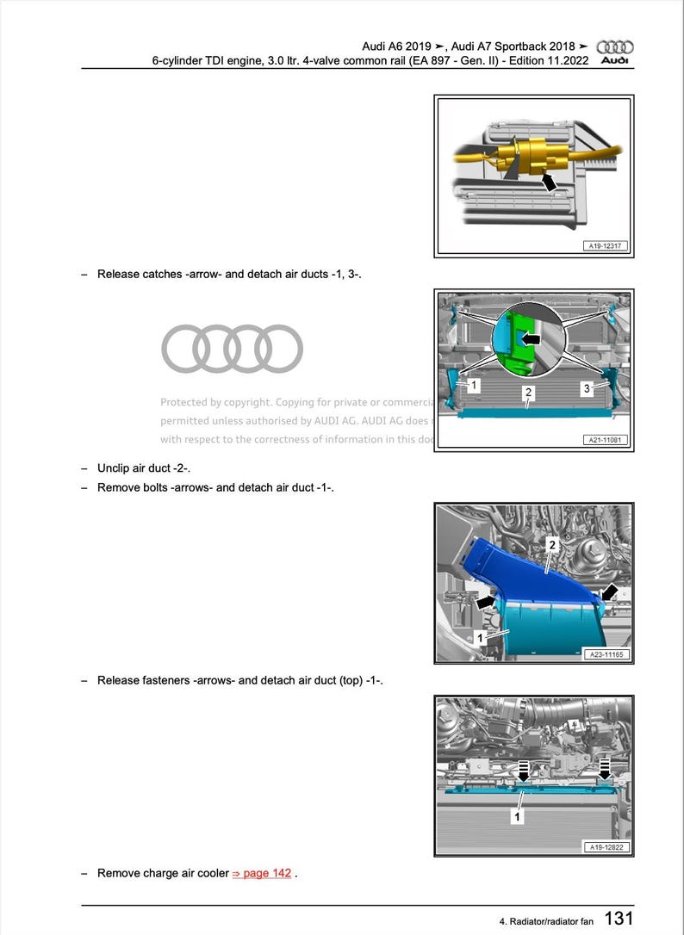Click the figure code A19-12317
(605, 246)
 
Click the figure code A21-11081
(605, 441)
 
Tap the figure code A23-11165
(606, 654)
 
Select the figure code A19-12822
(606, 847)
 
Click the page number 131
(619, 919)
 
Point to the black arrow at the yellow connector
(545, 182)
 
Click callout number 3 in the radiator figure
(587, 389)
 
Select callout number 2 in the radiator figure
(529, 393)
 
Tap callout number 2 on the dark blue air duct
(552, 545)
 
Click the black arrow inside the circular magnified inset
(532, 340)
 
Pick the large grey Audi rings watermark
(232, 349)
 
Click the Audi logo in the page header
(615, 52)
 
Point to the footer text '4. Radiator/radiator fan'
(546, 921)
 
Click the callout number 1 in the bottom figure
(517, 815)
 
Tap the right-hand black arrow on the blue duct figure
(609, 592)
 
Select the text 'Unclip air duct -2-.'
(143, 468)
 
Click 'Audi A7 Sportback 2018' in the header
(520, 46)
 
